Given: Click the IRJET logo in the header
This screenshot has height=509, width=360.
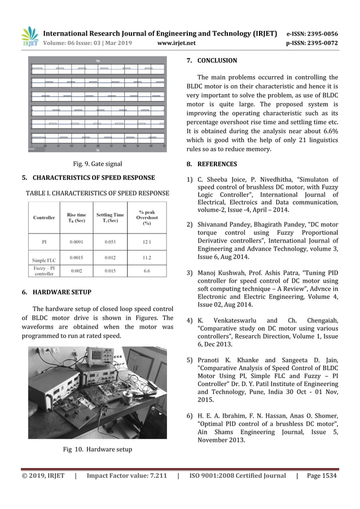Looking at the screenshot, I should pos(29,37).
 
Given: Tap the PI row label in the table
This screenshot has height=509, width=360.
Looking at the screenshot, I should pos(43,241).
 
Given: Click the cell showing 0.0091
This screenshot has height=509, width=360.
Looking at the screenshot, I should pos(77,241).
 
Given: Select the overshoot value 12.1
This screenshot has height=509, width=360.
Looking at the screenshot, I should pos(147,241).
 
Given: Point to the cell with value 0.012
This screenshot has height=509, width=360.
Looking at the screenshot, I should pos(110,257).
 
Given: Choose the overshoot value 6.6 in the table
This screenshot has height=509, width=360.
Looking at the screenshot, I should pos(147,271).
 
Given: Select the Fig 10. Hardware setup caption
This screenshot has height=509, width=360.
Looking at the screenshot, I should pos(97,449).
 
